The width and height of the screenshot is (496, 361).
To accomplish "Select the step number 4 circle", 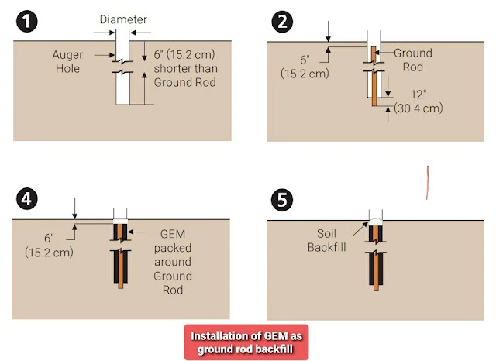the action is pyautogui.click(x=27, y=199).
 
